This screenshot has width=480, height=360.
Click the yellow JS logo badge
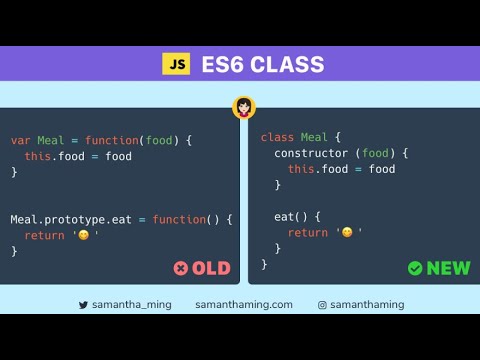[176, 64]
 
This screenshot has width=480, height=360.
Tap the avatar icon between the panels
[244, 107]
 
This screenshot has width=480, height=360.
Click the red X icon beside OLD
[180, 268]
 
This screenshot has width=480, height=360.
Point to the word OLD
[211, 268]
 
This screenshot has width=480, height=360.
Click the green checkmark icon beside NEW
[415, 268]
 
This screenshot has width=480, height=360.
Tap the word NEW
[448, 268]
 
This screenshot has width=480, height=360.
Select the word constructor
[312, 152]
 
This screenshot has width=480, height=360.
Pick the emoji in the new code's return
[347, 232]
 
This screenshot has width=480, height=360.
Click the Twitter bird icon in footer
[84, 304]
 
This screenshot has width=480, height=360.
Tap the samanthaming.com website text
[244, 304]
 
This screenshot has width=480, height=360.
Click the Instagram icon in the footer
[323, 304]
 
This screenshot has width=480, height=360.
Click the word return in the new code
[308, 232]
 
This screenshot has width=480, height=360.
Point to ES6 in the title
[220, 64]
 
